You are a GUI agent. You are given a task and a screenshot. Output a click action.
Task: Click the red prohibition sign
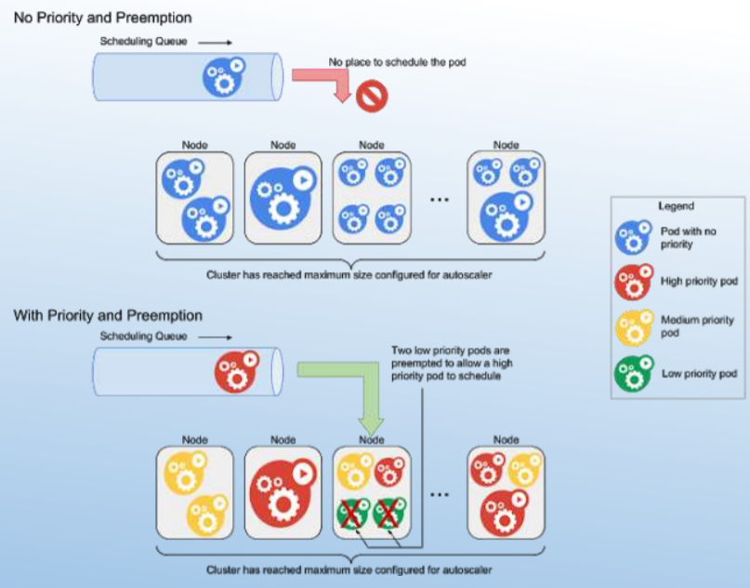pos(372,95)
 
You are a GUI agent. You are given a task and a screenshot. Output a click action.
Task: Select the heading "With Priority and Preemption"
pos(107,316)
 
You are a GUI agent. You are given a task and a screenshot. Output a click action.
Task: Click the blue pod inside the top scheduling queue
pos(224,76)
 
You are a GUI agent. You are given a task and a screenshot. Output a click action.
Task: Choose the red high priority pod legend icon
pos(634,281)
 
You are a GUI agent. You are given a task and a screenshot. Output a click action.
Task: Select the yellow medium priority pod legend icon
pos(634,327)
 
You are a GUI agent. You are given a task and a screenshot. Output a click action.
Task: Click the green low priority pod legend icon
pos(634,373)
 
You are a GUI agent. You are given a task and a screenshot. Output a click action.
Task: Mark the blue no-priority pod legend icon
pos(634,236)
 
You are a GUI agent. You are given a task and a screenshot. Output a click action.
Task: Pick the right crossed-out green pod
pos(389,512)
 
